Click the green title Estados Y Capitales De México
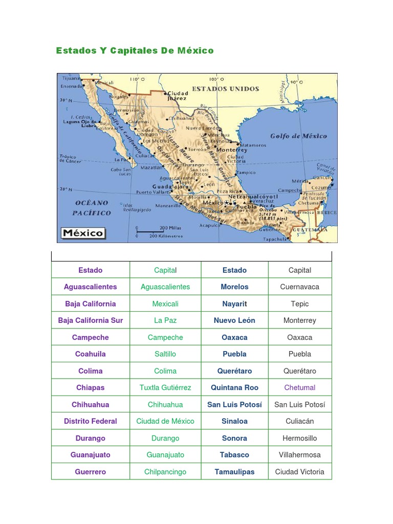click(135, 51)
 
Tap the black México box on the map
click(83, 233)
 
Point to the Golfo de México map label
click(298, 136)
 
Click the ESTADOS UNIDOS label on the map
click(225, 89)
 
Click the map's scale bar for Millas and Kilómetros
click(159, 231)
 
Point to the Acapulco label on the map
click(210, 225)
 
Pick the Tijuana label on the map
click(71, 78)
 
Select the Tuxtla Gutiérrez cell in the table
click(165, 387)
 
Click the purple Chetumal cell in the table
click(300, 387)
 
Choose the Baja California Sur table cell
click(91, 320)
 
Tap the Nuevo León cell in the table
click(234, 320)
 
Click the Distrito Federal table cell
click(91, 421)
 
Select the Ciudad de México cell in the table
click(165, 421)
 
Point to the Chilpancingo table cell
click(165, 472)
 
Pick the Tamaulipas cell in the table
click(234, 472)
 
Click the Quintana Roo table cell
click(234, 387)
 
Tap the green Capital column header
click(165, 270)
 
